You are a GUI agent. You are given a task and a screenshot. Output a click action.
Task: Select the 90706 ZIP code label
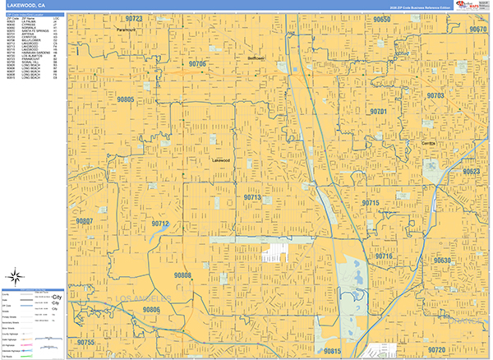197,63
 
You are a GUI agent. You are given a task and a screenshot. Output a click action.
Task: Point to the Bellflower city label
256,58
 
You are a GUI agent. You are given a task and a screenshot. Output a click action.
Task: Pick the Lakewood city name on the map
223,160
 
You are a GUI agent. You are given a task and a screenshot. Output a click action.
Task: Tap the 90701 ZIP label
379,110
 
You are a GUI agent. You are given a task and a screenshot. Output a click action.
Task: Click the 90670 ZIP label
478,29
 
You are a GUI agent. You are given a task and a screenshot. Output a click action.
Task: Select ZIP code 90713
252,197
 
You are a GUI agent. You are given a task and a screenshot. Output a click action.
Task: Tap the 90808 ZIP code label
182,275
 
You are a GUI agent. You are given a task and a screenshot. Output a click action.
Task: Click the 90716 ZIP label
384,256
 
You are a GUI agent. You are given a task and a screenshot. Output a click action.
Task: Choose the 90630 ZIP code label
443,261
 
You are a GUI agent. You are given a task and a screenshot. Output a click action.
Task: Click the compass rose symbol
16,277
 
